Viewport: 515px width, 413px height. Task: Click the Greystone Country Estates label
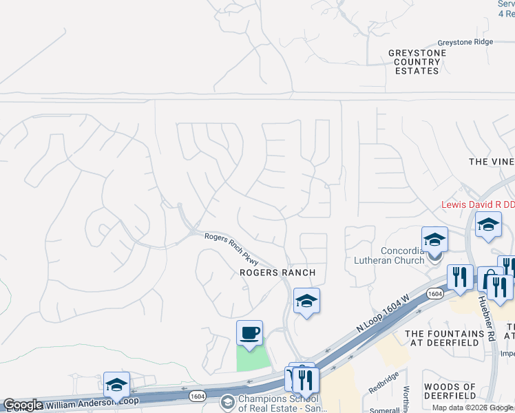click(414, 61)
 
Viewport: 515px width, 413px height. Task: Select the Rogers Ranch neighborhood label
click(277, 273)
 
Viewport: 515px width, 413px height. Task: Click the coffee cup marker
click(249, 333)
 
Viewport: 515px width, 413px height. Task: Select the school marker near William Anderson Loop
click(116, 384)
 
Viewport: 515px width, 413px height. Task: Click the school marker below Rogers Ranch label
click(307, 301)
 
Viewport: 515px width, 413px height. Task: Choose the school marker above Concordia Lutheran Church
click(434, 240)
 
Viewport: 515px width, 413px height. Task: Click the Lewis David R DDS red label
click(477, 205)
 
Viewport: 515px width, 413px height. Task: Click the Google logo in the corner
click(22, 405)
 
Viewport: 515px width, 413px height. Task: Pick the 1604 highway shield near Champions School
click(198, 396)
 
